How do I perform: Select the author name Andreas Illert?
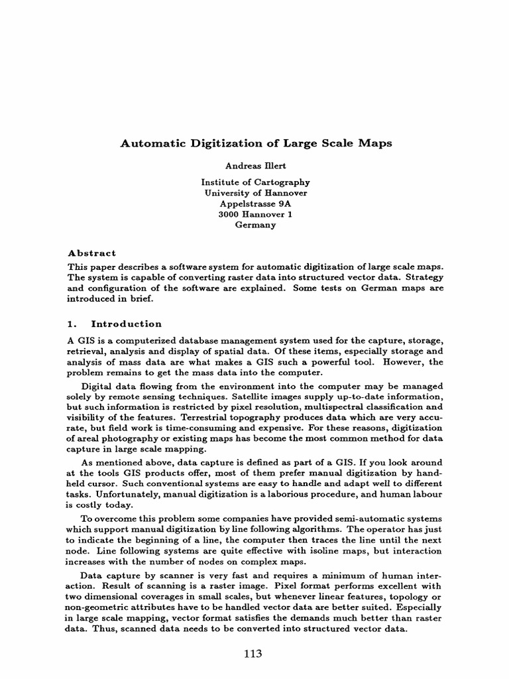click(255, 166)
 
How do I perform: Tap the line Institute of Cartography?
click(255, 182)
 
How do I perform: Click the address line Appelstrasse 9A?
click(255, 204)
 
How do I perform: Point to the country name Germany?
click(255, 225)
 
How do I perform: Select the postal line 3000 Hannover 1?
click(255, 214)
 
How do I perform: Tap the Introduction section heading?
click(126, 324)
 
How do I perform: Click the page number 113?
click(253, 654)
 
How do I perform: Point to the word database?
click(188, 340)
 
